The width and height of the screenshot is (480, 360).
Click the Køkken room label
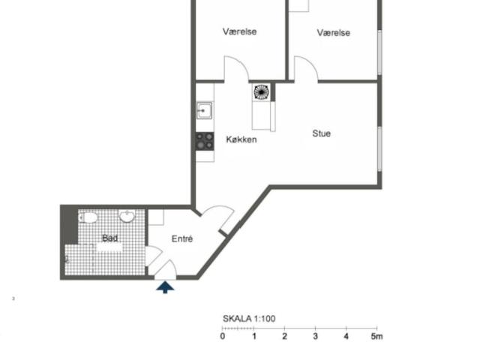(241, 139)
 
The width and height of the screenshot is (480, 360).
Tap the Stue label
(322, 133)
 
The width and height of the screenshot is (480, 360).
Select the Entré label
(182, 238)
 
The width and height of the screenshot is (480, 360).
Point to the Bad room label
(109, 238)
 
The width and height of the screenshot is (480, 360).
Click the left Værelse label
(240, 31)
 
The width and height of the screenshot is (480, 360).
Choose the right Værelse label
(333, 33)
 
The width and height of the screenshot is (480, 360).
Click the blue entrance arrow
(165, 287)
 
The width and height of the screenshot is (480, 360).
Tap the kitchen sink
(204, 110)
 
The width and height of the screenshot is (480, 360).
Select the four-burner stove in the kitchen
(205, 141)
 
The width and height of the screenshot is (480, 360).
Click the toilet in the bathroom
(88, 217)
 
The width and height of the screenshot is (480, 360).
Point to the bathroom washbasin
(127, 216)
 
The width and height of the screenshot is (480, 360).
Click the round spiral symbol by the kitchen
(261, 92)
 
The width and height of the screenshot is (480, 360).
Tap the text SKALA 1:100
(249, 319)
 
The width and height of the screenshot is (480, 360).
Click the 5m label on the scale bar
(376, 337)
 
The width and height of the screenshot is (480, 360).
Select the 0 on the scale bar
(223, 336)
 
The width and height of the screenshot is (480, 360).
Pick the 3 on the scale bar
(315, 336)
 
